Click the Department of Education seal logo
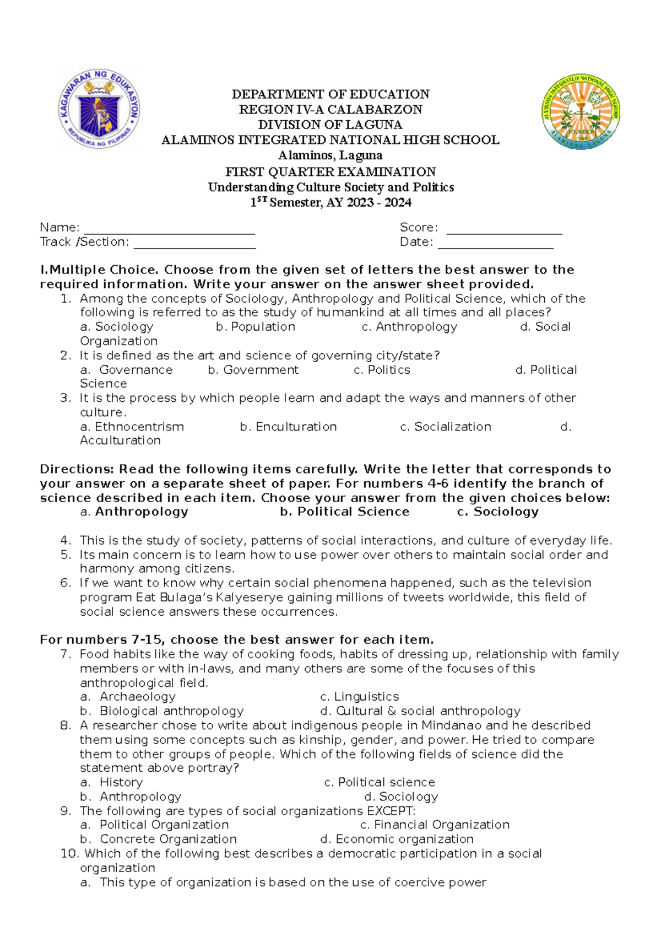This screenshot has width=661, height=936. coord(100,109)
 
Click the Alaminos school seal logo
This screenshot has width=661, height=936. coord(581,112)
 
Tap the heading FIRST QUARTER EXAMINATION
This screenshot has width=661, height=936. coord(330,172)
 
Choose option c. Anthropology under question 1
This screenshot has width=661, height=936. coord(409,327)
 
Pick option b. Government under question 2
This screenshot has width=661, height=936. coord(253,370)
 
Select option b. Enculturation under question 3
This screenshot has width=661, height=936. coord(288,427)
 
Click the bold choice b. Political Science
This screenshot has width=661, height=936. coord(344,512)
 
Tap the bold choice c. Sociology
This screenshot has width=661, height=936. coord(498,512)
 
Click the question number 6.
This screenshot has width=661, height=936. coord(66,583)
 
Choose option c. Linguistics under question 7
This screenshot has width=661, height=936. coord(359,697)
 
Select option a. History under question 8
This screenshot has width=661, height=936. coord(112,782)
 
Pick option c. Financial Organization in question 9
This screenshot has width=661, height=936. coord(435,825)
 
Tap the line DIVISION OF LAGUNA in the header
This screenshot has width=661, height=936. coord(330,125)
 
